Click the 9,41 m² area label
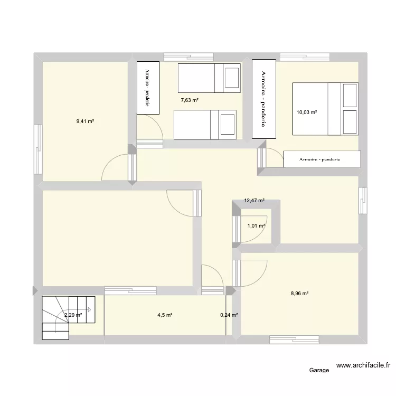(85, 121)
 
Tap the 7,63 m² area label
(190, 100)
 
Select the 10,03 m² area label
(306, 112)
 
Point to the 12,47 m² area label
(254, 201)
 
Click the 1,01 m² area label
(256, 226)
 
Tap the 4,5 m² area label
(165, 315)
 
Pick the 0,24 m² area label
(229, 315)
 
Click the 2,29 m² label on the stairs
(73, 315)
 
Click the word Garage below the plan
(320, 370)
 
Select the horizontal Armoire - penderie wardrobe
(322, 159)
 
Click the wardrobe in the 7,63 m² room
(147, 87)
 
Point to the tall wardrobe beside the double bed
(263, 99)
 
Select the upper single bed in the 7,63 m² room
(209, 78)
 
